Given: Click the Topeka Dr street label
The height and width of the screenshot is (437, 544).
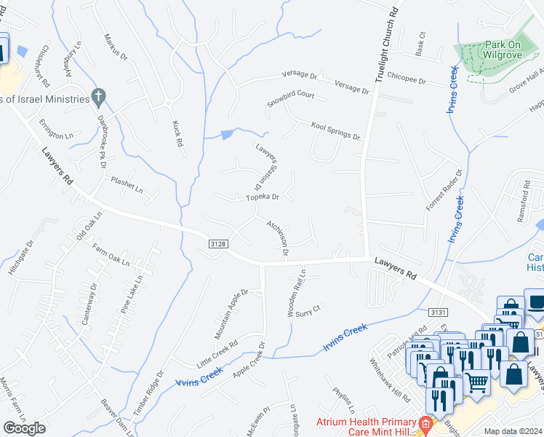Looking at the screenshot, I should pos(262,197).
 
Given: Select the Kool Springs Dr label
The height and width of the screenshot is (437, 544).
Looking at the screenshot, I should pos(335,130).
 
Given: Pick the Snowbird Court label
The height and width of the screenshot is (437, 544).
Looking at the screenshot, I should pos(289,99).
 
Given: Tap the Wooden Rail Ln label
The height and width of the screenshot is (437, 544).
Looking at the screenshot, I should pos(299,291).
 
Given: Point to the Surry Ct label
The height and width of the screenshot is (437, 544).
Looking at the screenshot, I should pos(308,311).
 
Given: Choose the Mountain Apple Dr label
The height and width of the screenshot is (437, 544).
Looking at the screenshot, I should pos(231,314).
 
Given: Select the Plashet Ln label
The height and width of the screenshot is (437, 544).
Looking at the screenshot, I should pos(127,185).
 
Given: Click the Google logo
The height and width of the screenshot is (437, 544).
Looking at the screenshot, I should pos(24,428).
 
